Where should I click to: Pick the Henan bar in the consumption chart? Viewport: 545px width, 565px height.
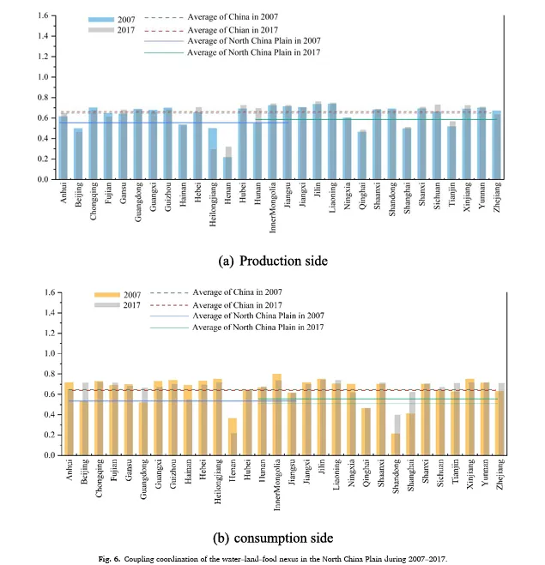[x=233, y=437]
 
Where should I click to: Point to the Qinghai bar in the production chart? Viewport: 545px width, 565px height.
[x=362, y=155]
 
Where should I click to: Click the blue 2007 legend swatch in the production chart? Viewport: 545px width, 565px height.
[x=100, y=17]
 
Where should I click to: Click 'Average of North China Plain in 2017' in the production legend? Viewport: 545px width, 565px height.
[x=253, y=52]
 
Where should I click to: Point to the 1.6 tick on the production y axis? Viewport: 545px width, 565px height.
[x=40, y=15]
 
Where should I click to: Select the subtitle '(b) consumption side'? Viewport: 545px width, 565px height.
[x=271, y=538]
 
